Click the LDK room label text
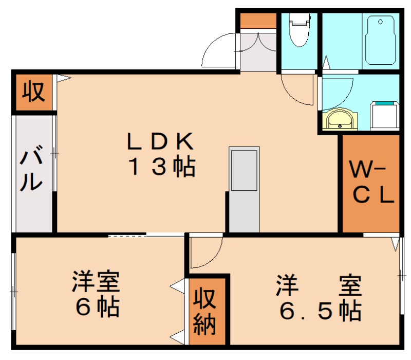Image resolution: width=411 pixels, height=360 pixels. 160,139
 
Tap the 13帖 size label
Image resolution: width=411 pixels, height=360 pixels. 160,167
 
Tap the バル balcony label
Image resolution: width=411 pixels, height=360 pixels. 31,170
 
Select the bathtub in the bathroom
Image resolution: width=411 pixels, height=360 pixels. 381,39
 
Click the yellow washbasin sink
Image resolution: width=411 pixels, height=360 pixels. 340,119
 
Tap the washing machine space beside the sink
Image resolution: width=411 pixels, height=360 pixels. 385,116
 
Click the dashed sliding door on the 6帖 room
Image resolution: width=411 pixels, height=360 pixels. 127,236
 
